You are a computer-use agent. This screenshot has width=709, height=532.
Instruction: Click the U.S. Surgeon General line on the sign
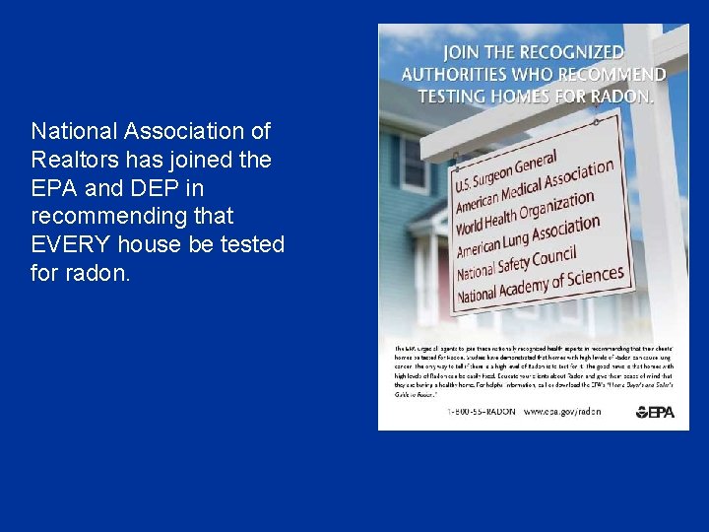coord(505,170)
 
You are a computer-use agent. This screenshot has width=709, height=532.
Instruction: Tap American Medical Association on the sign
coord(534,188)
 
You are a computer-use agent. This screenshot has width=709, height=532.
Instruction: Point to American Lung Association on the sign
coord(528,236)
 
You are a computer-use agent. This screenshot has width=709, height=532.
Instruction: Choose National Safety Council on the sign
coord(516,258)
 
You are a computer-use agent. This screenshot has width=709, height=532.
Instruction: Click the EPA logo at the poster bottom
coord(655,412)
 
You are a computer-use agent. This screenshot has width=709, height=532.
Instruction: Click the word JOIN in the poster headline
coord(464,52)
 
